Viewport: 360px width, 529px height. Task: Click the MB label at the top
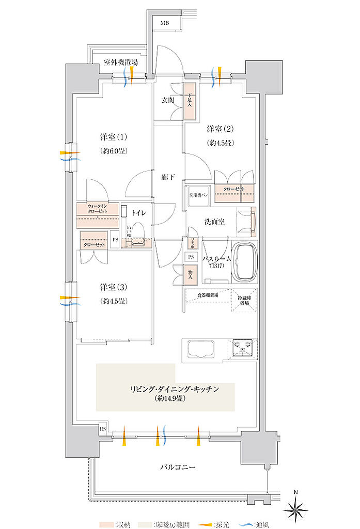[164, 23]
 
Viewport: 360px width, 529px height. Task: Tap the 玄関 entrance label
[168, 100]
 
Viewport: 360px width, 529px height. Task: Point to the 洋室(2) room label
[221, 129]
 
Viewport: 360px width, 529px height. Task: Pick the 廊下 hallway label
[168, 177]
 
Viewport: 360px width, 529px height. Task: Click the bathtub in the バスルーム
[245, 262]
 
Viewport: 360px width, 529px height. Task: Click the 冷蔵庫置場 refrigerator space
[244, 300]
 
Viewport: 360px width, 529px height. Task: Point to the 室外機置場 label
[120, 63]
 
